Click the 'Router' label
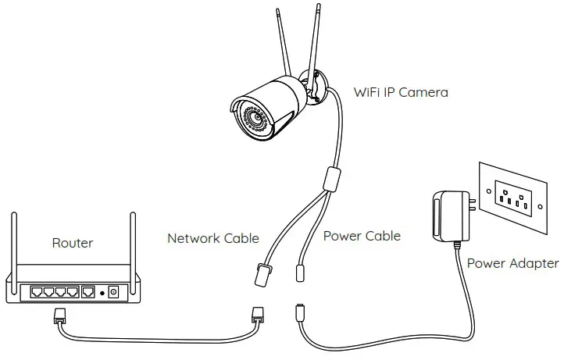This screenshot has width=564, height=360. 72,243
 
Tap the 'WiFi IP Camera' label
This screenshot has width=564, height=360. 402,93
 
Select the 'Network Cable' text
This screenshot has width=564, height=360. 212,238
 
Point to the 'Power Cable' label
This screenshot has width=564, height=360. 362,235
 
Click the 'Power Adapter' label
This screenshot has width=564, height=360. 512,263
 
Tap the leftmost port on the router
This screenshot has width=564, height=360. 37,293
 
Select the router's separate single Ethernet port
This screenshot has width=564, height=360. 88,293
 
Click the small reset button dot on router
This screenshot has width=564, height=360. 102,294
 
